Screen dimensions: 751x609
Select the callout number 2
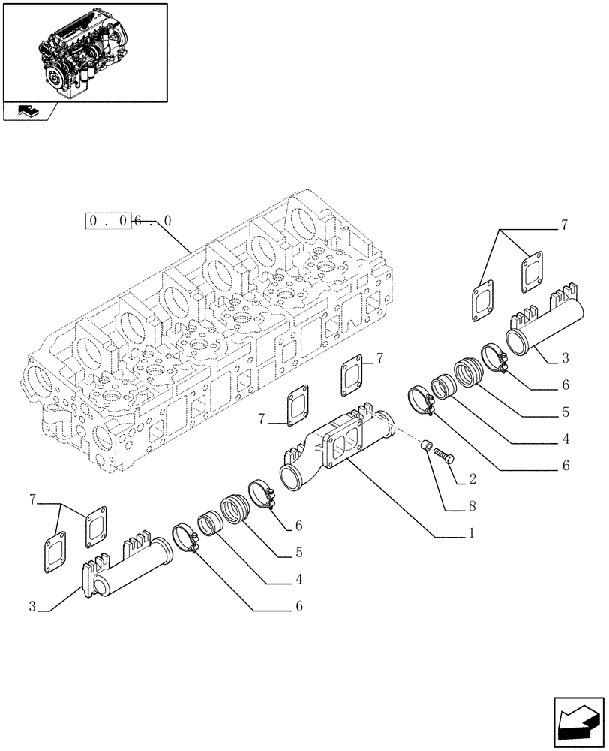[x=472, y=478]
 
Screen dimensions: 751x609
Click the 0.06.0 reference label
[x=130, y=221]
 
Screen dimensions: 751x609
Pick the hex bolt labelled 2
[x=443, y=455]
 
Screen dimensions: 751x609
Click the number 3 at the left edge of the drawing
[x=33, y=605]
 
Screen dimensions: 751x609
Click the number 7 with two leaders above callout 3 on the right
[x=563, y=225]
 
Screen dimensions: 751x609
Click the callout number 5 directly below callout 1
[x=299, y=553]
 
